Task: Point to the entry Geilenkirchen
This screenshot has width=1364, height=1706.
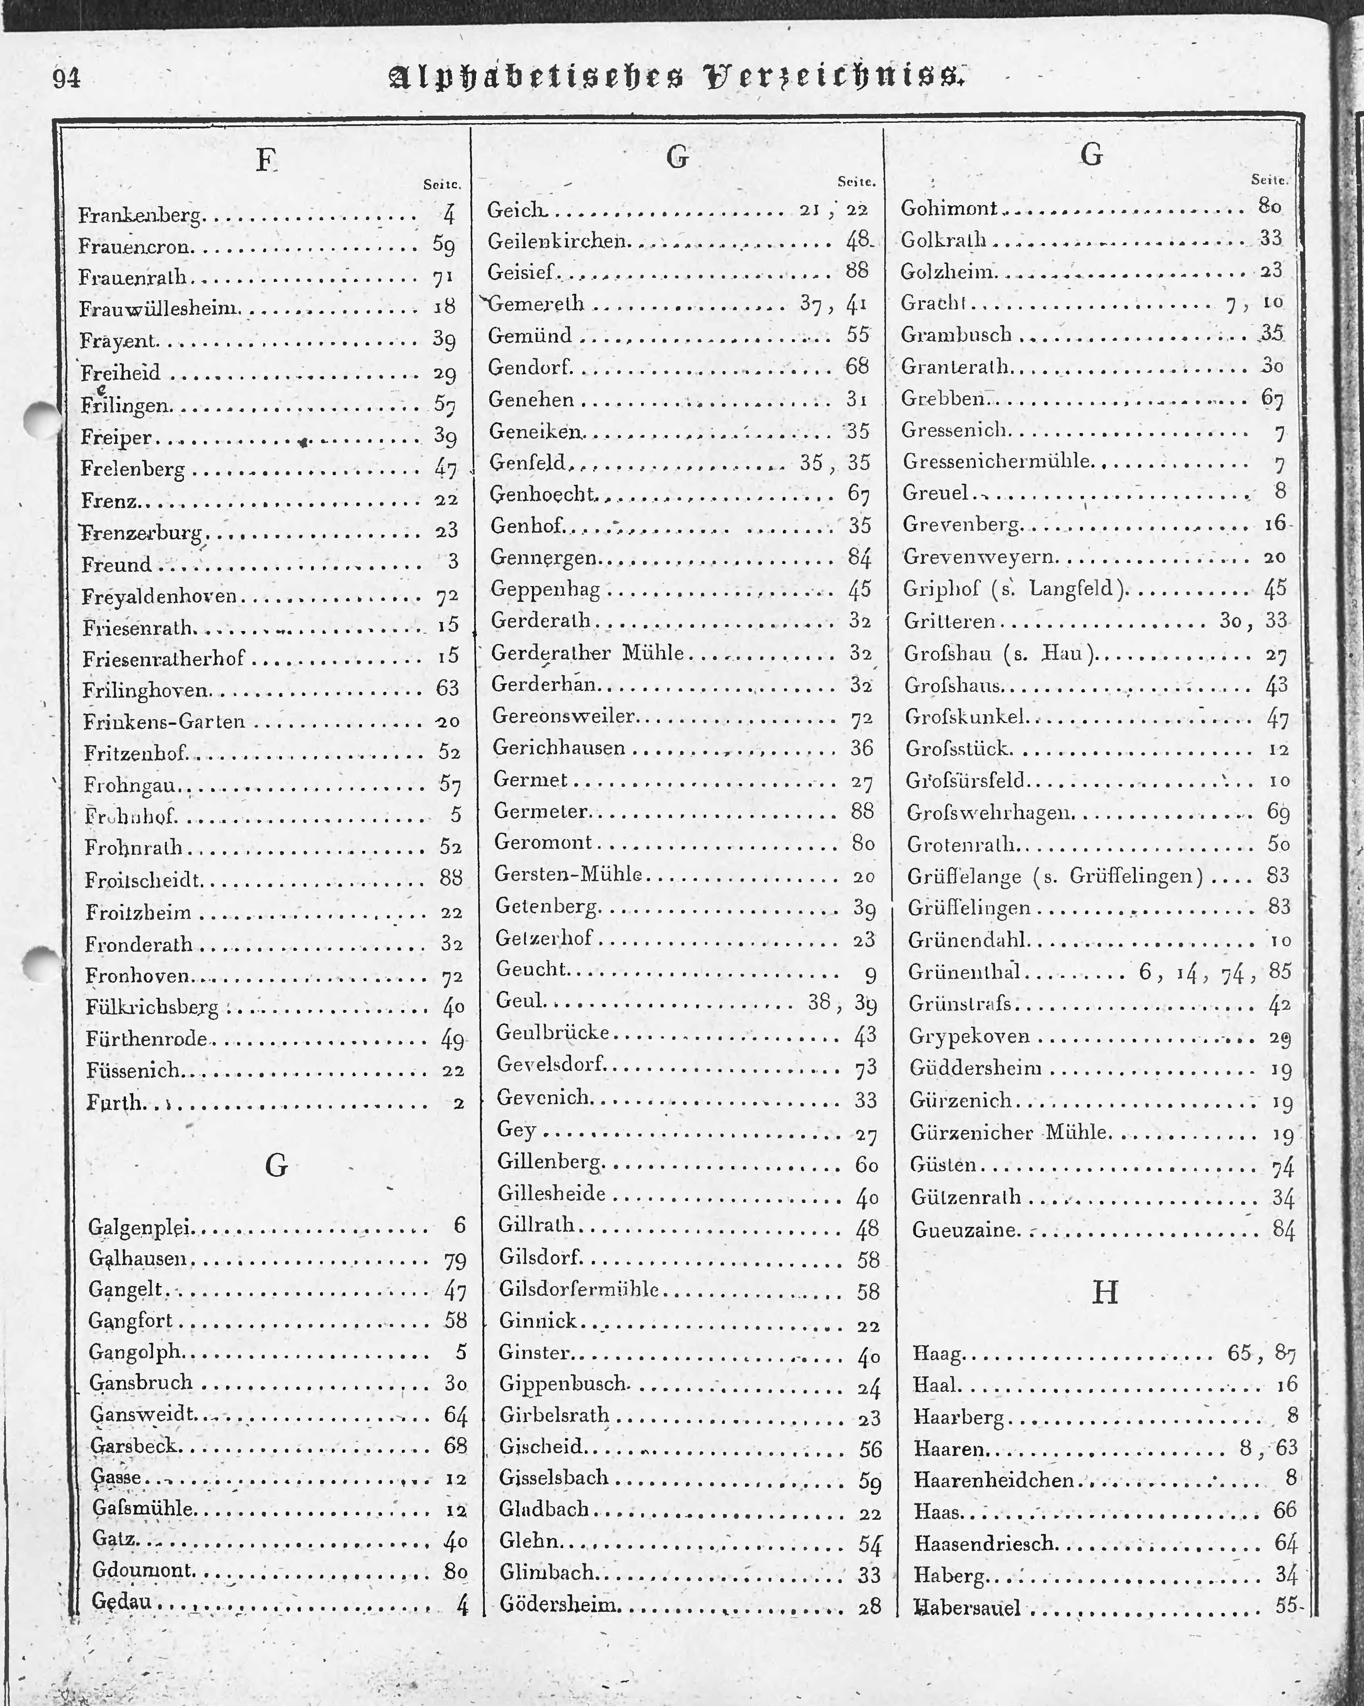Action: [558, 241]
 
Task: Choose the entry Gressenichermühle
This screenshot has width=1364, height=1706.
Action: [997, 461]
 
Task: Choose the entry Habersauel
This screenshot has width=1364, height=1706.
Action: [967, 1608]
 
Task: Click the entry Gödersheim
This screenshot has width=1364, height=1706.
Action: [558, 1606]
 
